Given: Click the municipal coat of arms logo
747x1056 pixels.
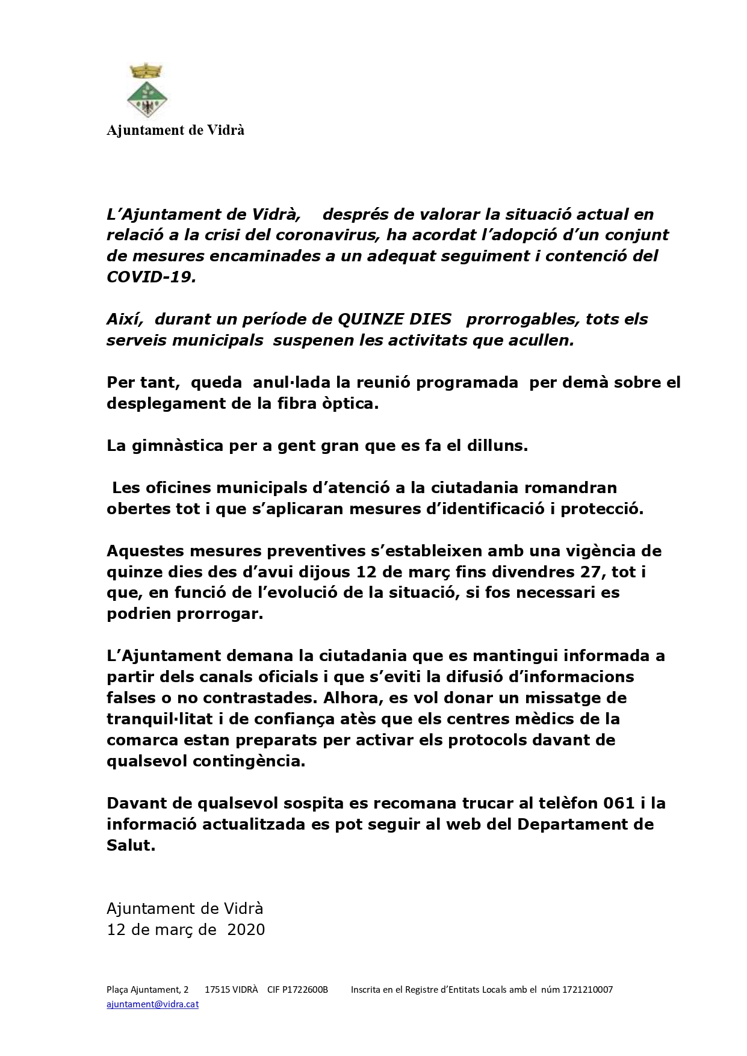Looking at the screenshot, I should [x=147, y=91].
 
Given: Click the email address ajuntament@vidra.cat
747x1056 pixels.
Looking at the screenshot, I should [x=152, y=1004].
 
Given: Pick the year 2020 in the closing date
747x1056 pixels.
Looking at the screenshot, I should [x=246, y=930].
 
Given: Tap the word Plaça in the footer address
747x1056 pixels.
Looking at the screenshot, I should [x=119, y=989].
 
